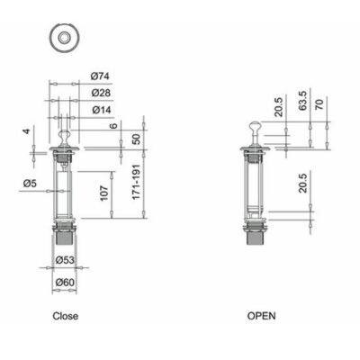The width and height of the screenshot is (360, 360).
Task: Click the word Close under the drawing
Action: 65,317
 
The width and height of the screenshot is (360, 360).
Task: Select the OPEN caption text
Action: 261,317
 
